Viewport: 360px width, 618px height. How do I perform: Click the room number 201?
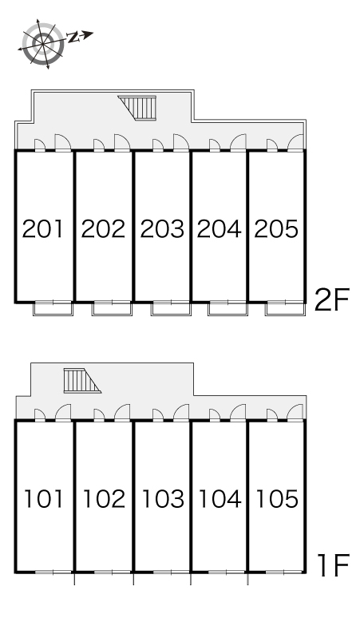pos(42,229)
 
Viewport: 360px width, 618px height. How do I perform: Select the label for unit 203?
pos(162,229)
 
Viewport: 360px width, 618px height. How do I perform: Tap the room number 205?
pos(276,229)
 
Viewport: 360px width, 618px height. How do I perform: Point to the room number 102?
pos(104,498)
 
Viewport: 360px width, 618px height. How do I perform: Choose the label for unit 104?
pos(220,498)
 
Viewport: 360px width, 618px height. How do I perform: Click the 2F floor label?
pos(331,299)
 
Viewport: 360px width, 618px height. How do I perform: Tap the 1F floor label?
pos(334,565)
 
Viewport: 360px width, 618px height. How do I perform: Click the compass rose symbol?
pos(42,42)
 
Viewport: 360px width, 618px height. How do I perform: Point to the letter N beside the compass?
pos(73,38)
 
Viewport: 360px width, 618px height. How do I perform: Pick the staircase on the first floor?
pos(81,381)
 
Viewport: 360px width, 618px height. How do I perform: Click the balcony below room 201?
pos(53,308)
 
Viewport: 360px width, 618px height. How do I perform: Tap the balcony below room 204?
pos(228,308)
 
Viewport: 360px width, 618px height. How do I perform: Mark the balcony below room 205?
pos(286,308)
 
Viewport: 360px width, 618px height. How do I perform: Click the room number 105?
pos(277,498)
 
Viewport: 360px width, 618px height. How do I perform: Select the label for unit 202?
pos(103,229)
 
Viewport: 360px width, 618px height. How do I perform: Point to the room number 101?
pos(44,498)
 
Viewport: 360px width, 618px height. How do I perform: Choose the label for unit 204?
pos(219,229)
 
